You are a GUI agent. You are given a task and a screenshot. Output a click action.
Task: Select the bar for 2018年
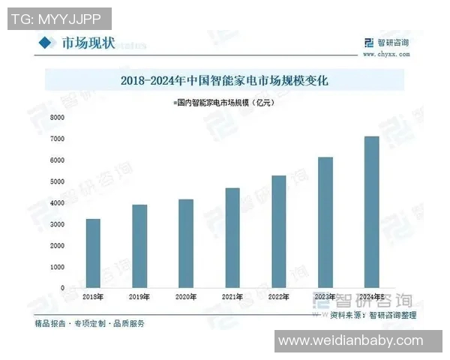click(x=93, y=253)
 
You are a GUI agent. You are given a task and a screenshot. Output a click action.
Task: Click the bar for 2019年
click(x=139, y=246)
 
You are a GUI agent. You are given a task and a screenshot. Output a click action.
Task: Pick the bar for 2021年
click(x=232, y=238)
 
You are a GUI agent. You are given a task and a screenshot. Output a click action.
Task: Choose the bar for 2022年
click(x=279, y=232)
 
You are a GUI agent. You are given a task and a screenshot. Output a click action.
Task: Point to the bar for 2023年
click(x=325, y=223)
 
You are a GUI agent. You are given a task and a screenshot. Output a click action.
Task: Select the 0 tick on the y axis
click(x=63, y=288)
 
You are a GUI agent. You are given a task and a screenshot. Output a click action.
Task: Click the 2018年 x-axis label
click(x=93, y=298)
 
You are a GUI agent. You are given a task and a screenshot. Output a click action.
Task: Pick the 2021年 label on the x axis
click(x=232, y=298)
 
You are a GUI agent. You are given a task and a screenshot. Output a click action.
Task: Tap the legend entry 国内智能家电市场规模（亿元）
click(x=224, y=102)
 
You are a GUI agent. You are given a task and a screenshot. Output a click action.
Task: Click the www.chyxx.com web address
click(x=385, y=54)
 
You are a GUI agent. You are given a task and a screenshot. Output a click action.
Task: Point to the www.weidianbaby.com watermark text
click(x=358, y=341)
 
